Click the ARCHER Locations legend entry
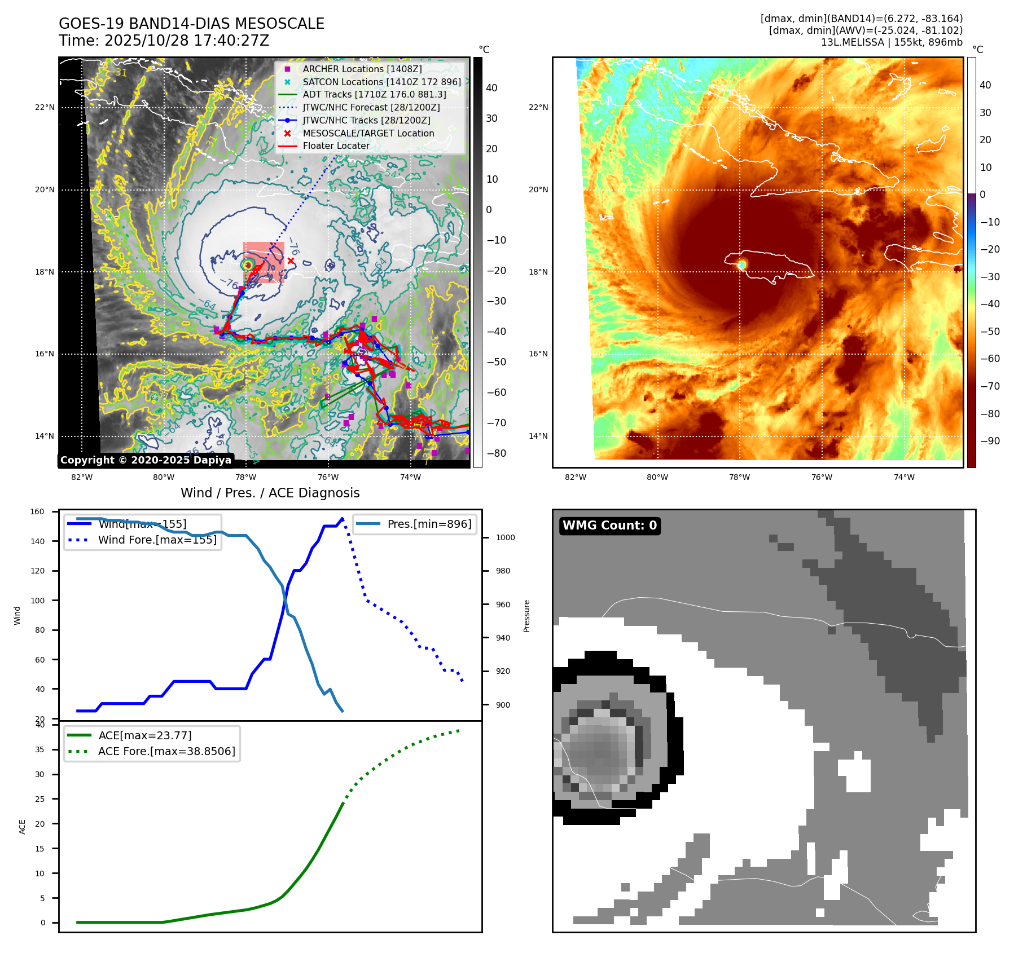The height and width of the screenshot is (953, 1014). point(362,69)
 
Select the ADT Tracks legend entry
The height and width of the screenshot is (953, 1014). point(374,95)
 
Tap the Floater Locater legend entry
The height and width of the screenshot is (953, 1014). point(336,146)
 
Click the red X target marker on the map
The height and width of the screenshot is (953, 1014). point(291,261)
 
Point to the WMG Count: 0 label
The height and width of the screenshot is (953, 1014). point(609,526)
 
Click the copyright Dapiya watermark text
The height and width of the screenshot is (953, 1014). point(146,460)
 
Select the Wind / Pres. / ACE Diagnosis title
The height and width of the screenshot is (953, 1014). point(270,493)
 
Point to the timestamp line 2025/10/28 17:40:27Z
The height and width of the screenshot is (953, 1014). point(164,41)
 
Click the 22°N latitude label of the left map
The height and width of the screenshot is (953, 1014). point(45,108)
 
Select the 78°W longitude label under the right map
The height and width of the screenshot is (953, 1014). point(739,477)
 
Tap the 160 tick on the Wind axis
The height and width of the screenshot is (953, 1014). point(37,512)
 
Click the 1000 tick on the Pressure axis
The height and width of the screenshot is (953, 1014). point(505,537)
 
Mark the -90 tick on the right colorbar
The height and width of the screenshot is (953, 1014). point(990,441)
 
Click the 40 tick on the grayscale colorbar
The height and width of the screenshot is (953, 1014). point(491,88)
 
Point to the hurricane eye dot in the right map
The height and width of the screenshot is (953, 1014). point(742,264)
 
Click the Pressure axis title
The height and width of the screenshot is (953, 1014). point(526,616)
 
